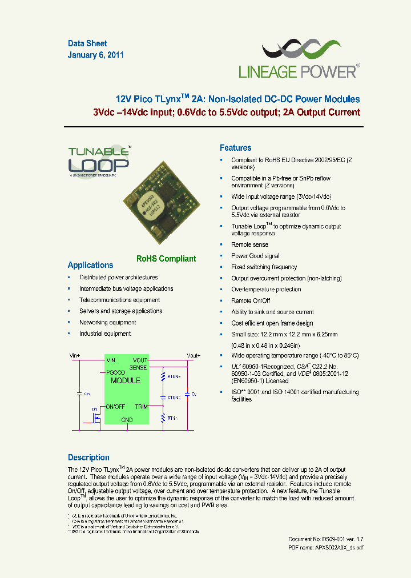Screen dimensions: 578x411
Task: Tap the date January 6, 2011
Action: click(x=96, y=55)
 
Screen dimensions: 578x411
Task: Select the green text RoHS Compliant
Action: click(x=166, y=259)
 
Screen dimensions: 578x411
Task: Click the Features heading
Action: click(x=235, y=148)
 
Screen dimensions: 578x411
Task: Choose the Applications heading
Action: click(x=90, y=265)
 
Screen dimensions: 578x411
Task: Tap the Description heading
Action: click(x=88, y=457)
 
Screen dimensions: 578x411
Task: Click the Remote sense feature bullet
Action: click(x=249, y=244)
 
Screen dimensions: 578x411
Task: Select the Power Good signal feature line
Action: click(x=255, y=256)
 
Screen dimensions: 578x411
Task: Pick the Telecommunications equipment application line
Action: click(x=119, y=300)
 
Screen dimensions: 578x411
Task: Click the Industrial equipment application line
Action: click(x=105, y=334)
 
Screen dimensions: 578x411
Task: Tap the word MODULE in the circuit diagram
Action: click(x=126, y=380)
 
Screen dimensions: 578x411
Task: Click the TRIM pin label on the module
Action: click(x=141, y=407)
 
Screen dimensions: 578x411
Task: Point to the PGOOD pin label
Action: click(x=116, y=372)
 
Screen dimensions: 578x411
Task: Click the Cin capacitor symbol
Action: click(x=79, y=394)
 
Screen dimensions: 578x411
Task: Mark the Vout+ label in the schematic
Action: click(x=194, y=355)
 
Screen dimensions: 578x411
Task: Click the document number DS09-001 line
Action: click(x=325, y=539)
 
